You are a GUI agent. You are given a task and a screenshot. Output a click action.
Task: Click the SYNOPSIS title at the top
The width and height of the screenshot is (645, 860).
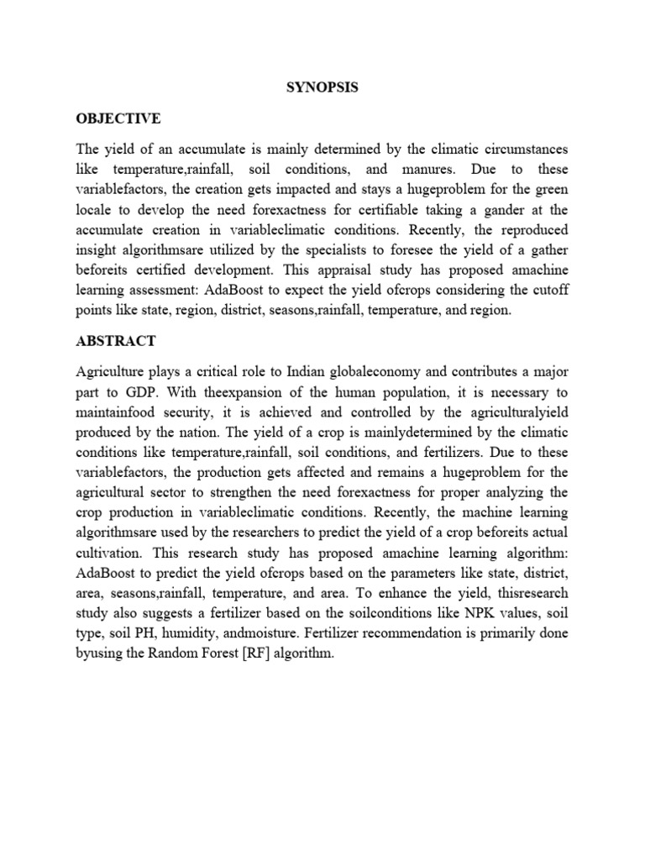322,87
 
